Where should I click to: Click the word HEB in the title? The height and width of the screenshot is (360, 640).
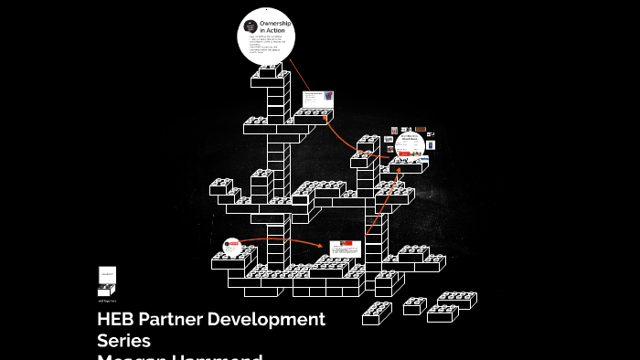pyautogui.click(x=114, y=320)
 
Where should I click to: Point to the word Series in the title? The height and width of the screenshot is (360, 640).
pyautogui.click(x=123, y=341)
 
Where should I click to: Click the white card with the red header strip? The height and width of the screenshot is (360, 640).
pyautogui.click(x=345, y=249)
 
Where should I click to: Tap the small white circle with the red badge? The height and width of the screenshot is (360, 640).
pyautogui.click(x=231, y=245)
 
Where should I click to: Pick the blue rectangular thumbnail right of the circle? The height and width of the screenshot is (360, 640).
pyautogui.click(x=430, y=145)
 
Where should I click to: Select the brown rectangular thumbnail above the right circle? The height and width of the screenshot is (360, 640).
pyautogui.click(x=421, y=131)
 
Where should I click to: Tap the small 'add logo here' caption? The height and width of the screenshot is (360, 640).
pyautogui.click(x=107, y=299)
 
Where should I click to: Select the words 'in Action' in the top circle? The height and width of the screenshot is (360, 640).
pyautogui.click(x=272, y=31)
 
